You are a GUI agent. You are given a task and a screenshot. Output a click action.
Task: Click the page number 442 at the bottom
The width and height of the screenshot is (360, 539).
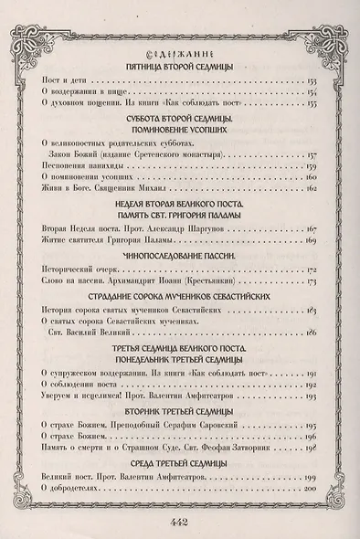[180, 523]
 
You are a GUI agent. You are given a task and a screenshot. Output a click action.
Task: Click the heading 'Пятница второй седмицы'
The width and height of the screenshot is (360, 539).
[180, 69]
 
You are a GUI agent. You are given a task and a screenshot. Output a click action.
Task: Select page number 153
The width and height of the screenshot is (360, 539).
[312, 83]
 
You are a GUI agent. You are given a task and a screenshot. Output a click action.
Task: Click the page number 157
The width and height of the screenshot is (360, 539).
[312, 155]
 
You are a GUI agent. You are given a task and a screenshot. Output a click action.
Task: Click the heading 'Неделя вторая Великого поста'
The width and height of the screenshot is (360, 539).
[180, 206]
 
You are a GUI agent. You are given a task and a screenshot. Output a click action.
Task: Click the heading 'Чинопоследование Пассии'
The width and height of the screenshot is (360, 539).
[180, 258]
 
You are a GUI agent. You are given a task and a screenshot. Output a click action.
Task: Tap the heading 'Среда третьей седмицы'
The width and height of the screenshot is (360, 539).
[180, 466]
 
